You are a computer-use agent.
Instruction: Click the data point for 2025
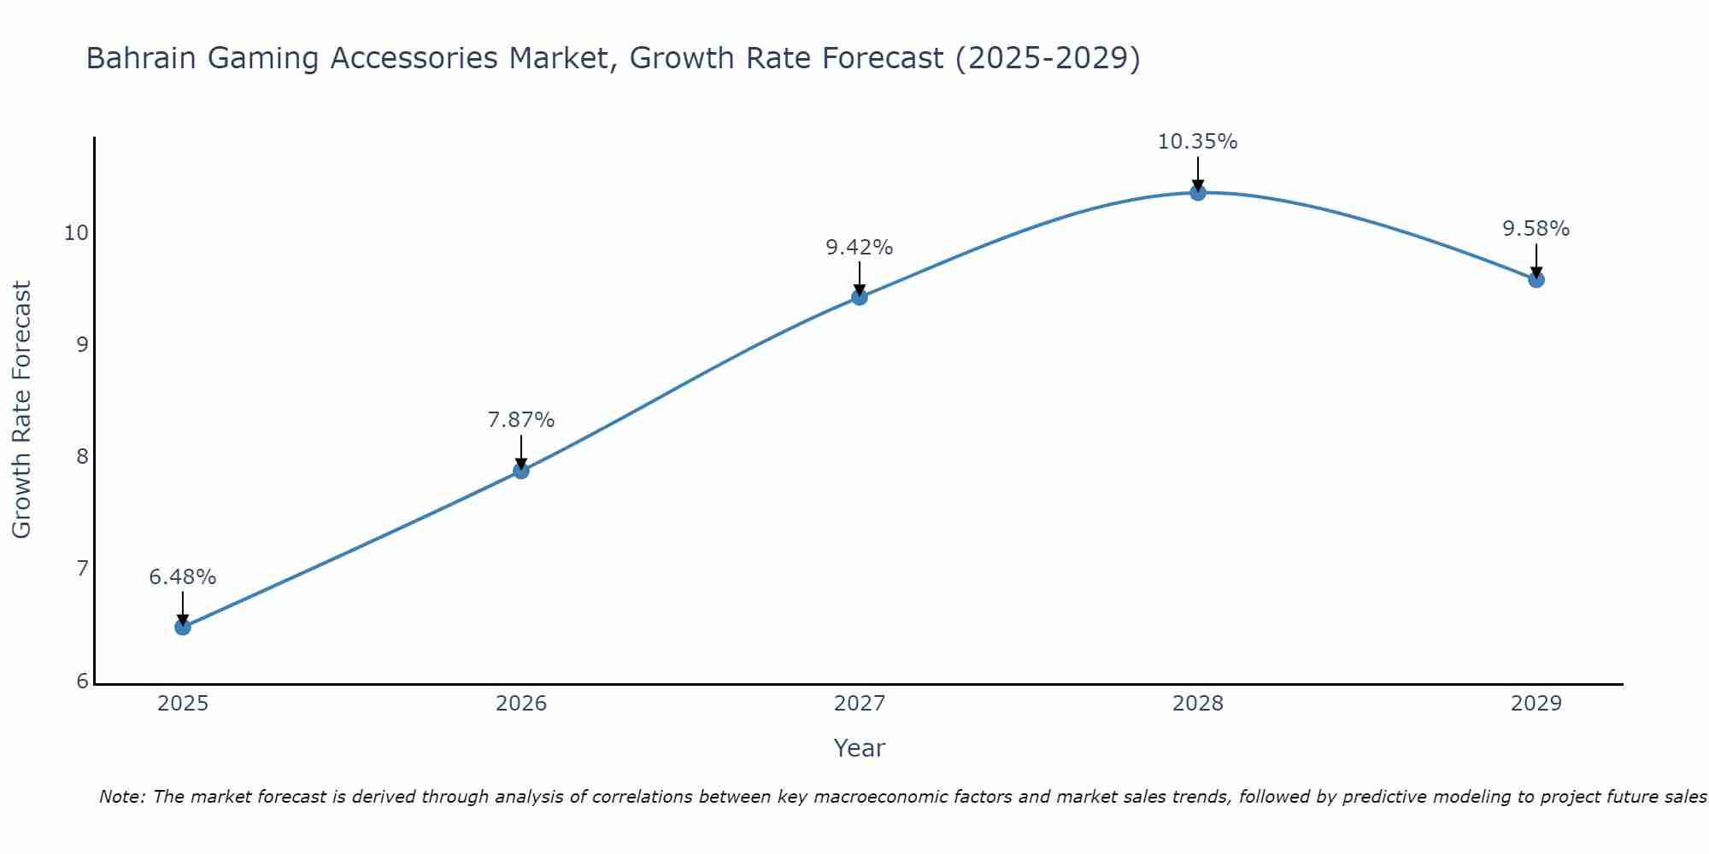pos(183,627)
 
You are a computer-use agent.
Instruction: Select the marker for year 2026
pos(521,471)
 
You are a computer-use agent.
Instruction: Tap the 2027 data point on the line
pos(860,297)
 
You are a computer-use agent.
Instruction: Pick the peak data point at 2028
pos(1198,193)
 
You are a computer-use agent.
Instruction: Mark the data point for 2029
pos(1536,279)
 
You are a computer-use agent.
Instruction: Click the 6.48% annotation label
pos(183,577)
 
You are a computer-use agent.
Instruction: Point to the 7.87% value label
pos(521,420)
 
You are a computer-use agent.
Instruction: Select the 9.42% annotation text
pos(860,248)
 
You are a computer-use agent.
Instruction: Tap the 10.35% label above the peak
pos(1198,142)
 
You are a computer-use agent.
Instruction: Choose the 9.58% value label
pos(1536,229)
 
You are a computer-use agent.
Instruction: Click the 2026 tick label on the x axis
pos(521,704)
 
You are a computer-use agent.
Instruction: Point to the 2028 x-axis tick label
pos(1198,704)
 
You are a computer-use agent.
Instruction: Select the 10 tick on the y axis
pos(76,233)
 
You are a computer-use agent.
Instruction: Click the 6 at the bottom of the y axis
pos(82,681)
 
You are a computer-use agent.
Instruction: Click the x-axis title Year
pos(860,748)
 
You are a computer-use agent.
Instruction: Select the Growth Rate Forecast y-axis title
pos(22,410)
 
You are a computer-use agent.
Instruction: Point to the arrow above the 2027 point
pos(860,278)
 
